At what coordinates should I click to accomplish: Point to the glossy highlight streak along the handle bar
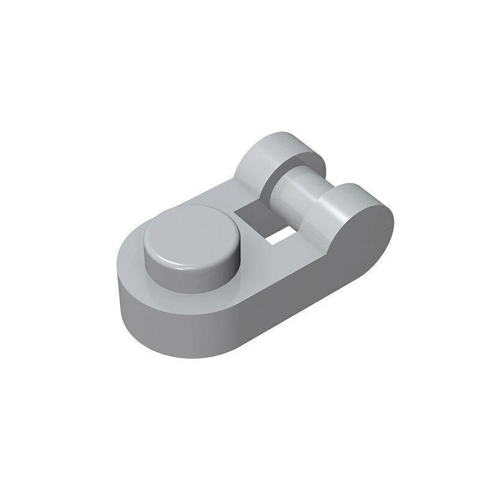tap(292, 186)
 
